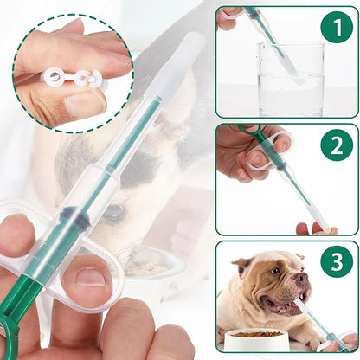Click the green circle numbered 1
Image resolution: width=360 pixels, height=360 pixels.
pyautogui.click(x=336, y=27)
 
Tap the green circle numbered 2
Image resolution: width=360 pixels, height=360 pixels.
pyautogui.click(x=336, y=145)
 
